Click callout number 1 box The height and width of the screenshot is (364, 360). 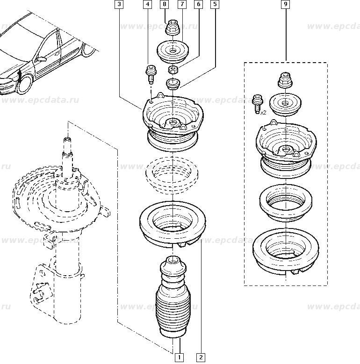(x=180, y=357)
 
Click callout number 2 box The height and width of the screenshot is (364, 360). (x=201, y=357)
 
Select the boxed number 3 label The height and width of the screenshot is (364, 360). (x=119, y=4)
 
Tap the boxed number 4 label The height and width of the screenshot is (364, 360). (x=148, y=4)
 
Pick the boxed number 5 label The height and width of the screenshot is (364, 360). (x=215, y=4)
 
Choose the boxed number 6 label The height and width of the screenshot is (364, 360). (x=199, y=4)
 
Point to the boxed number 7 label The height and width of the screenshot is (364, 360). (x=182, y=4)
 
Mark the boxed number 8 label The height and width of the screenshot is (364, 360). (x=165, y=4)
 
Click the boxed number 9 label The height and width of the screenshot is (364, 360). (x=286, y=4)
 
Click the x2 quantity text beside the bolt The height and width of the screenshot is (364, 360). (x=263, y=113)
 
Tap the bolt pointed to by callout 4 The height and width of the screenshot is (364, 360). (x=151, y=75)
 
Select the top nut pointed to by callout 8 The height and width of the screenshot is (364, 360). (x=173, y=28)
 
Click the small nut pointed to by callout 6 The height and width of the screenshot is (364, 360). (x=173, y=70)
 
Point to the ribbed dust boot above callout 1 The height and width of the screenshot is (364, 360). (x=173, y=297)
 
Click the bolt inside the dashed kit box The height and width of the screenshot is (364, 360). (x=257, y=104)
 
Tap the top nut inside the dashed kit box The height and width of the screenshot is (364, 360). (x=285, y=80)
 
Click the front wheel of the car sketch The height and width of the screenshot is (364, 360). (x=25, y=84)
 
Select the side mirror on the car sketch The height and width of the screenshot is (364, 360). (x=41, y=59)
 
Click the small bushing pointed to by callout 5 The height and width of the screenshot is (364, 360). (x=173, y=84)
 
